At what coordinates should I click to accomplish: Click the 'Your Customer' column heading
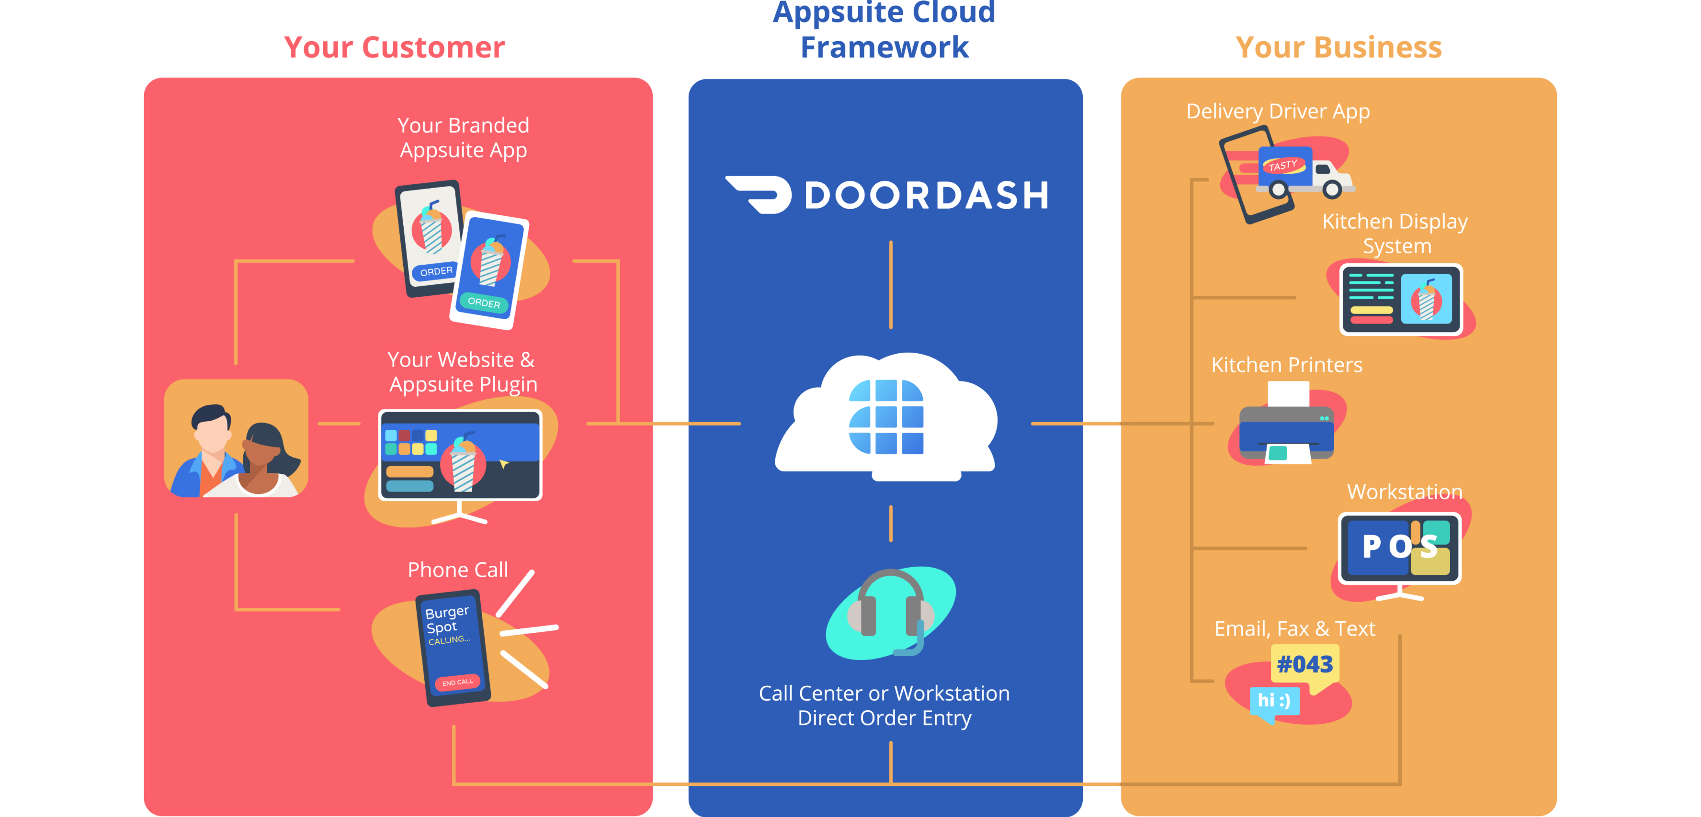394,47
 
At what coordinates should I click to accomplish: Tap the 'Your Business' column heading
1338,47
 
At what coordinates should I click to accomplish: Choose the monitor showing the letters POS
1399,549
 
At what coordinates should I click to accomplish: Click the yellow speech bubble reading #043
1305,665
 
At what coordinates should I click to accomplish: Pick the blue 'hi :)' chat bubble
1274,701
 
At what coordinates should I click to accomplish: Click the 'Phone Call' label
458,570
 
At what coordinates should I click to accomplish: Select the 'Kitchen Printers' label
1286,365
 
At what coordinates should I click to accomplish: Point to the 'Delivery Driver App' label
1278,112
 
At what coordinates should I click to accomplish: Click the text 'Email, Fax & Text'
1294,629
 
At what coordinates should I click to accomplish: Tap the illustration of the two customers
236,439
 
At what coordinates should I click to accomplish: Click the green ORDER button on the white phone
484,302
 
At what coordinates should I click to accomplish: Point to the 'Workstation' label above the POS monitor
1405,492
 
